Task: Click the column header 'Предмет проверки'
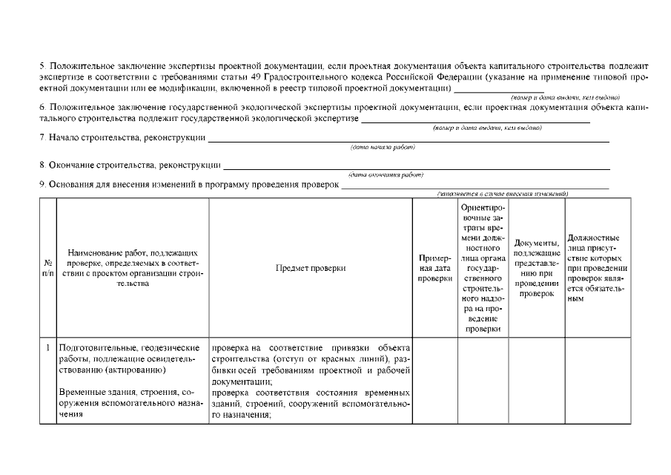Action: point(310,269)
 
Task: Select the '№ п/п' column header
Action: point(48,269)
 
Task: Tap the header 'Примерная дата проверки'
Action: point(434,268)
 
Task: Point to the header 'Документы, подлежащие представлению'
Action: point(536,268)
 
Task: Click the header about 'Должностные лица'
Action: point(598,268)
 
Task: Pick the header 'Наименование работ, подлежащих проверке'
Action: point(133,268)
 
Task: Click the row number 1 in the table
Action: point(48,347)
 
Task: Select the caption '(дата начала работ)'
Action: point(383,147)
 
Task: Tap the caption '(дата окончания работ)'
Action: point(386,175)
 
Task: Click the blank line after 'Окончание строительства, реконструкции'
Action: point(416,168)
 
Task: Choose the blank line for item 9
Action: point(475,186)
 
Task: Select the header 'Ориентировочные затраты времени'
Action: point(482,268)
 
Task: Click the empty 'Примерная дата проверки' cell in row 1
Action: point(434,380)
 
